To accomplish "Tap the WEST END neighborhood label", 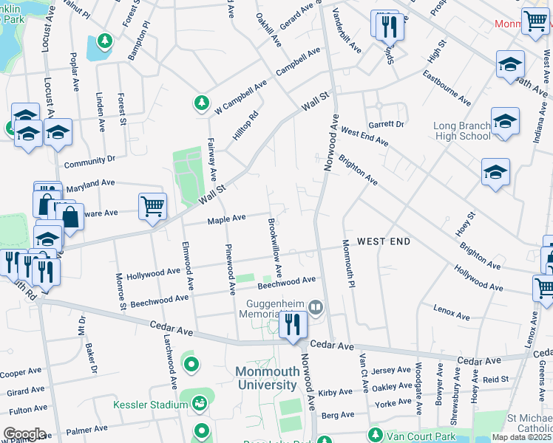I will coord(384,241).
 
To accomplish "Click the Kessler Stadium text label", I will coord(150,405).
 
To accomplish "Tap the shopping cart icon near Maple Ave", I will coord(152,207).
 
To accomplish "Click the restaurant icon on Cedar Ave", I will coord(293,325).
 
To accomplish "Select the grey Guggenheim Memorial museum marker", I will coord(316,306).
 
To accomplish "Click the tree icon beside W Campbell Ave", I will coord(200,104).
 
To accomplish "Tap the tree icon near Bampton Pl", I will coord(104,39).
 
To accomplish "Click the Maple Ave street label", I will coord(226,219).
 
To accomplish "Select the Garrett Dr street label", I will coord(387,124).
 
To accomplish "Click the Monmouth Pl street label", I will coord(348,264).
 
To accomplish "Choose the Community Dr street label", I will coord(90,159).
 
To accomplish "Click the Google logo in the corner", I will coord(24,434).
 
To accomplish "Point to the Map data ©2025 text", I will coord(521,437).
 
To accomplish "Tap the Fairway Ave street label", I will coord(211,159).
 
